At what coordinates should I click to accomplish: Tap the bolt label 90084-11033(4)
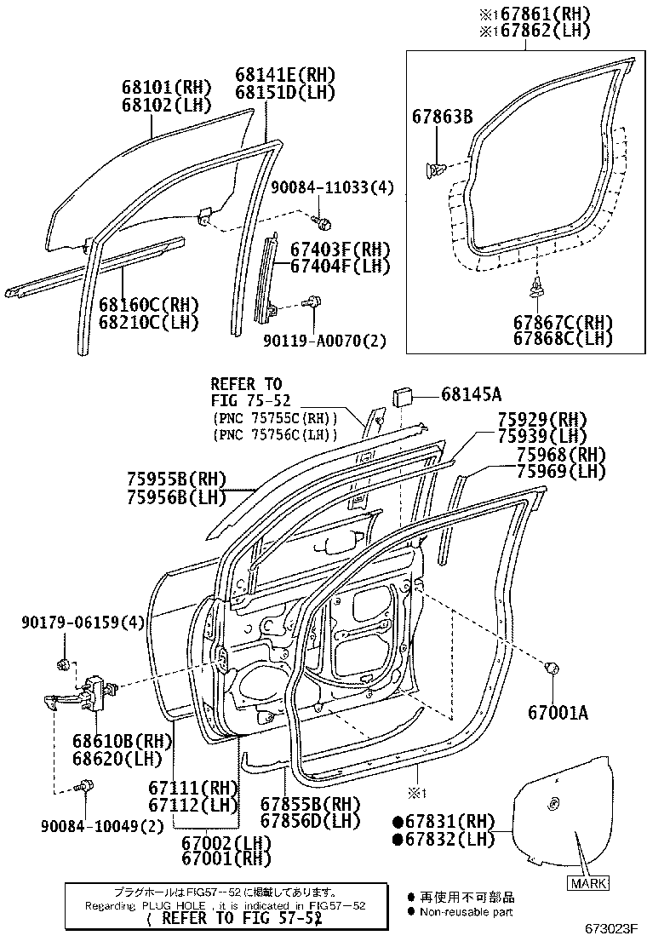tap(332, 187)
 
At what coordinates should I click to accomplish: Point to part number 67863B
tap(443, 116)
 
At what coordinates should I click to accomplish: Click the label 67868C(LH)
tap(563, 338)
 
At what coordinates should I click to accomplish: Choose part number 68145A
tap(471, 393)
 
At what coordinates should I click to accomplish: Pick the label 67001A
tap(558, 712)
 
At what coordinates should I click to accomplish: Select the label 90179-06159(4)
tap(82, 623)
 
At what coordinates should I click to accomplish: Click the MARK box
tap(587, 883)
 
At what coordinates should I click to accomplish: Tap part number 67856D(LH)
tap(298, 820)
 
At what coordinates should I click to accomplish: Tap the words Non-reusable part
tap(467, 912)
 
